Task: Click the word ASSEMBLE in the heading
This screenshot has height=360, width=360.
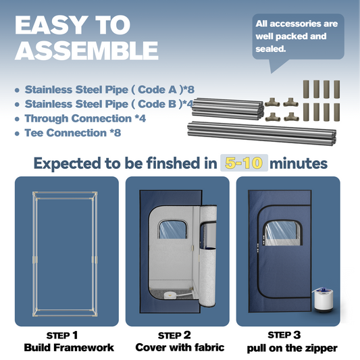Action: [x=86, y=51]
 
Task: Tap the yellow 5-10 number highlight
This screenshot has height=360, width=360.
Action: [x=244, y=163]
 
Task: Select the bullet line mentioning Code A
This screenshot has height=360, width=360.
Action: [x=109, y=90]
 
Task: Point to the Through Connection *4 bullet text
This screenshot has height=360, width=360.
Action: [x=85, y=118]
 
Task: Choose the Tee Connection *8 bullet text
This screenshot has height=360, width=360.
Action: [x=73, y=133]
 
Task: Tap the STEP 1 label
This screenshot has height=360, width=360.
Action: [x=62, y=336]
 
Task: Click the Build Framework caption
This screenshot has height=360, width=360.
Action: [x=69, y=348]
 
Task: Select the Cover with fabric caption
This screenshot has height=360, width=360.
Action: [x=180, y=347]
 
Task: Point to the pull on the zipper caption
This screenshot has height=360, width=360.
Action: [x=292, y=349]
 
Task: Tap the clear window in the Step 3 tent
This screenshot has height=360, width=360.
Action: [x=282, y=233]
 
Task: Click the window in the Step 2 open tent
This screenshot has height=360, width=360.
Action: [x=172, y=229]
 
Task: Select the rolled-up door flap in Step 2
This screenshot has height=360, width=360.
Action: [x=208, y=256]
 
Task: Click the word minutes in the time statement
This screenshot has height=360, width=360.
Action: [x=299, y=163]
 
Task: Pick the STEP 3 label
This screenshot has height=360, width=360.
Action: [x=284, y=335]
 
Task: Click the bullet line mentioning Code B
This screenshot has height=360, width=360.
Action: [x=109, y=104]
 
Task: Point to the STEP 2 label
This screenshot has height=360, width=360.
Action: [x=174, y=336]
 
